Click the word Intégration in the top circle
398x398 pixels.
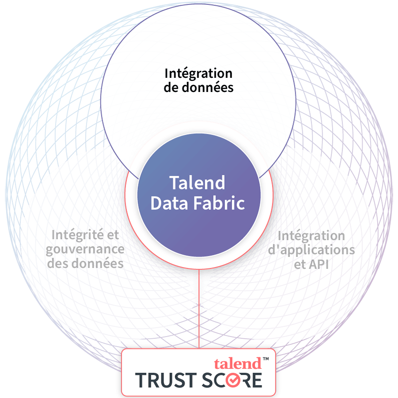(199, 73)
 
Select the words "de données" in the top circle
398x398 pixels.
(199, 88)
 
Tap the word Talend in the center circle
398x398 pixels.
(197, 183)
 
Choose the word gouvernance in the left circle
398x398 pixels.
(85, 249)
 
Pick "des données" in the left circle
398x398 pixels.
(85, 264)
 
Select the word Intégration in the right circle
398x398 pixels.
(311, 235)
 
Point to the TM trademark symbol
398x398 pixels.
(266, 360)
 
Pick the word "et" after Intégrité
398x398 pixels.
(113, 234)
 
